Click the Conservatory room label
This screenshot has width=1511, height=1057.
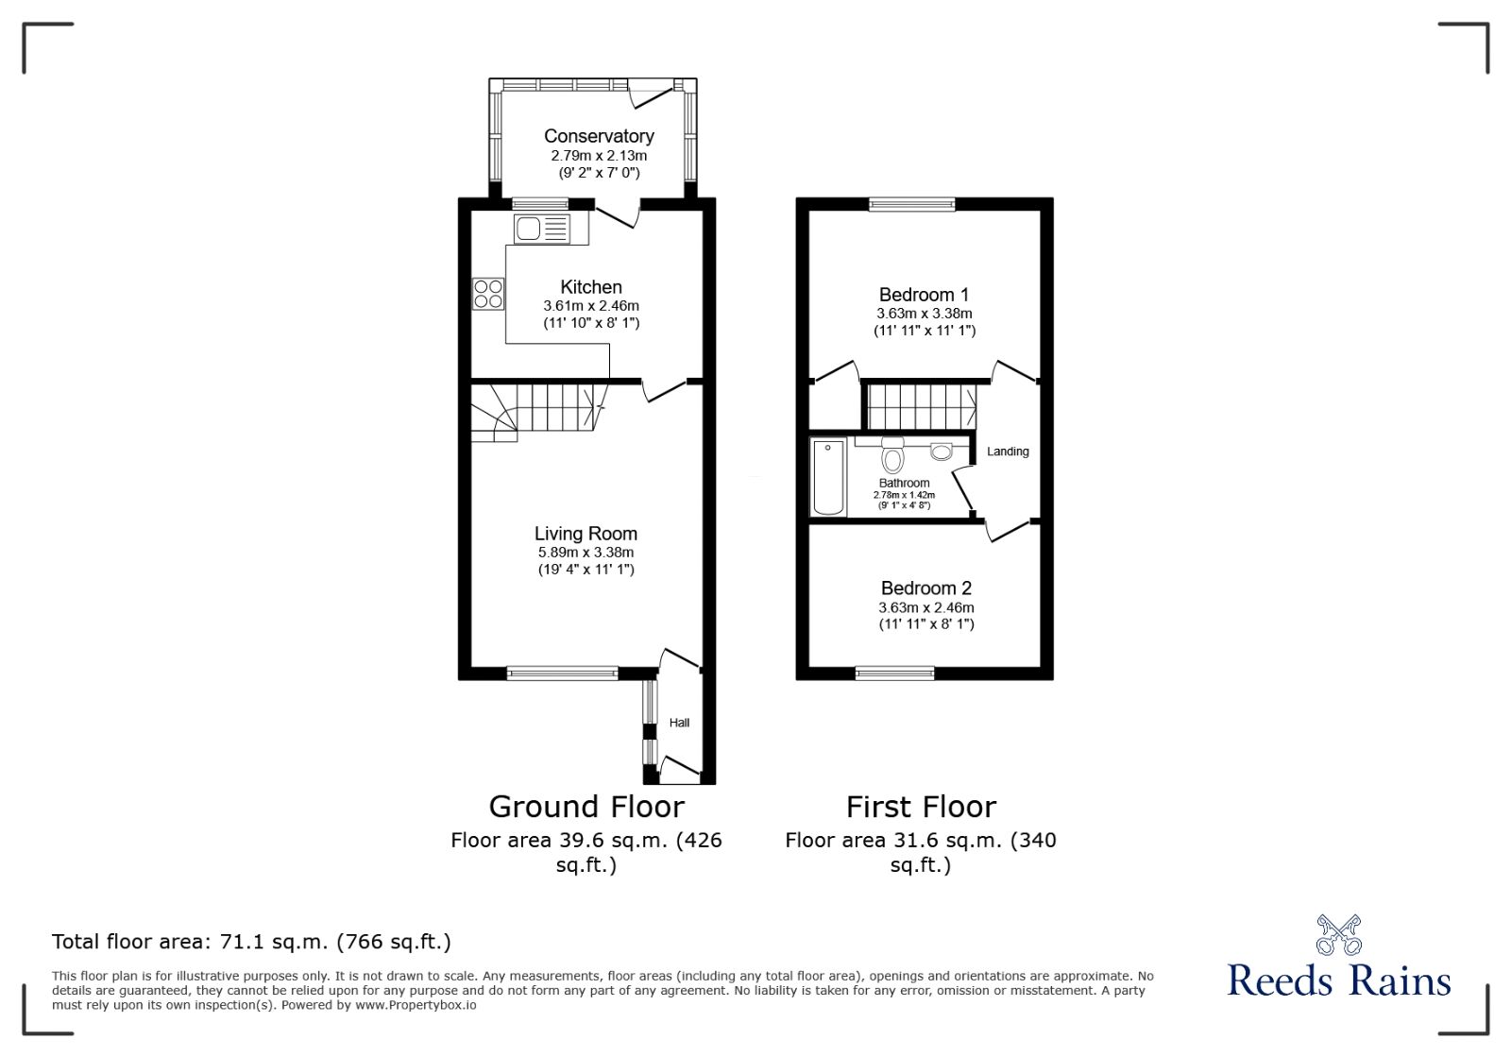click(x=599, y=136)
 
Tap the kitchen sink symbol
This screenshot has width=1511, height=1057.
click(x=542, y=229)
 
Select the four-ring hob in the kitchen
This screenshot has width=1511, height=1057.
click(x=488, y=294)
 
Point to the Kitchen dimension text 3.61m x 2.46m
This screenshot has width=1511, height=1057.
click(x=591, y=305)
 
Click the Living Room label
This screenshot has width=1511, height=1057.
click(x=586, y=534)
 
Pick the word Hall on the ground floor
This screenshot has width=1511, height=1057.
click(x=679, y=723)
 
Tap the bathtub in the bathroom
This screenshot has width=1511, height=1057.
click(x=828, y=477)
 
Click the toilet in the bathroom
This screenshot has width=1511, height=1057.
click(x=892, y=455)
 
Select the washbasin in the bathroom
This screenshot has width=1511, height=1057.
click(x=941, y=452)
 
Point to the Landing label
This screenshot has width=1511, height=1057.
click(x=1008, y=452)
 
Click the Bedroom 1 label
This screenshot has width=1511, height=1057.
click(x=925, y=294)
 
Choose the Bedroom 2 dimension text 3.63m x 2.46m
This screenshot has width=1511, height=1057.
click(x=926, y=607)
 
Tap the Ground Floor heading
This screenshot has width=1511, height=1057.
click(x=586, y=807)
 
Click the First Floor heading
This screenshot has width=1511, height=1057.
click(x=921, y=807)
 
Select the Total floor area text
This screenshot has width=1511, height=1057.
click(x=251, y=941)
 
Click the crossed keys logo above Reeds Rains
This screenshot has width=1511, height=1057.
click(x=1338, y=934)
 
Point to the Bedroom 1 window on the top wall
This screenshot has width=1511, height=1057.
click(x=912, y=204)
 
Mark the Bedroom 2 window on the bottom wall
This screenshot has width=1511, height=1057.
click(x=895, y=673)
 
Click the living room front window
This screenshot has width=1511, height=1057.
click(x=563, y=673)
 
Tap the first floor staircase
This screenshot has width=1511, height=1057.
click(x=922, y=407)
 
